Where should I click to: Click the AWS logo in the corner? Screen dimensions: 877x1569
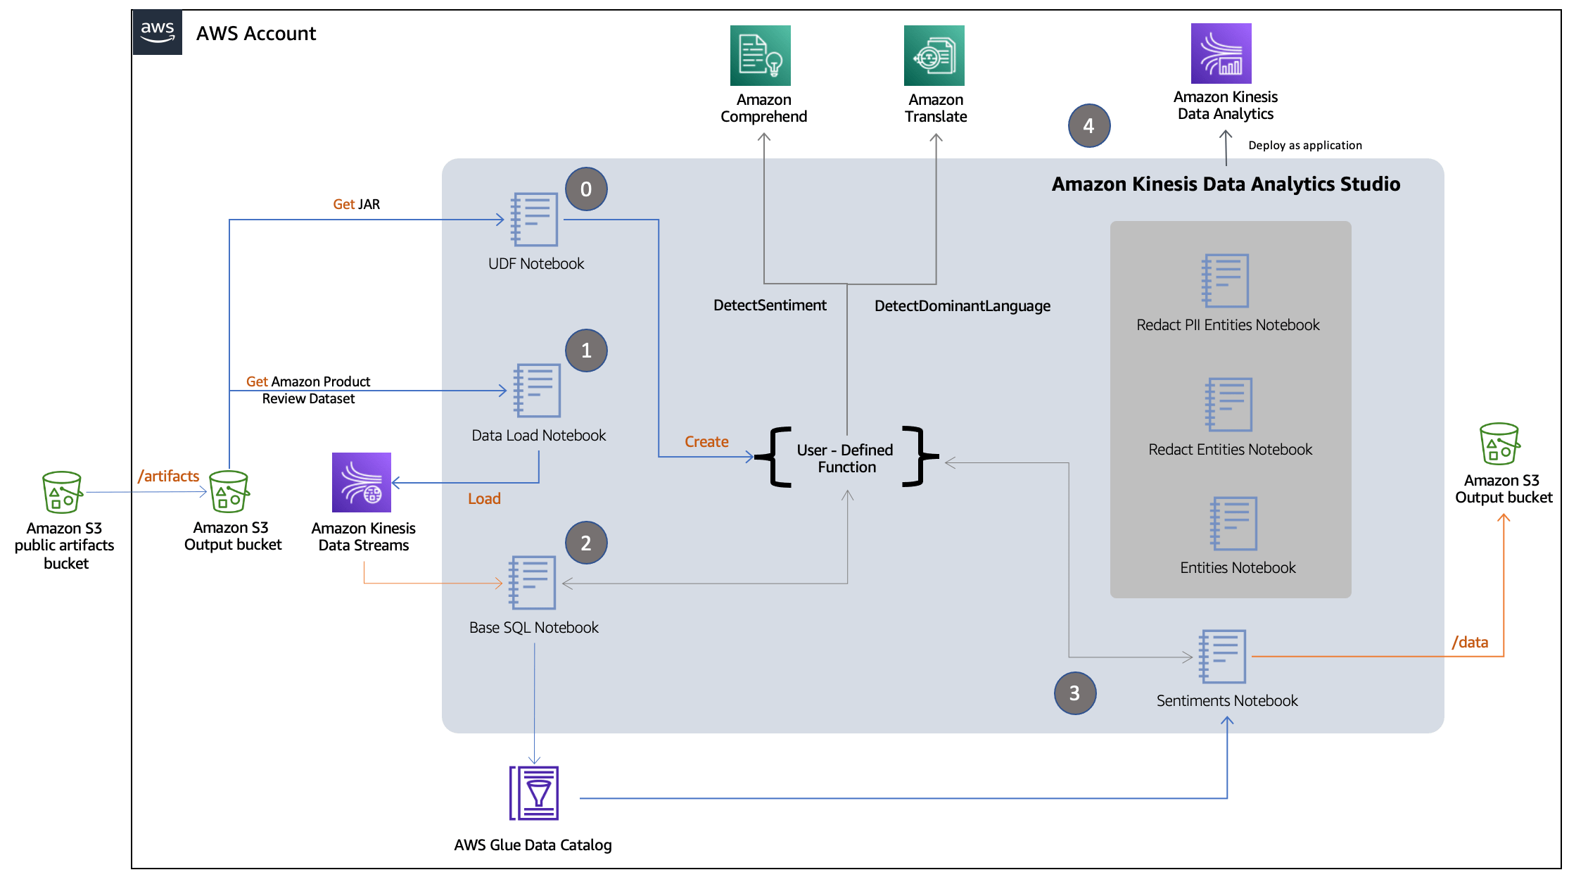pyautogui.click(x=158, y=32)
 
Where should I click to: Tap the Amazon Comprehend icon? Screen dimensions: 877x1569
pyautogui.click(x=760, y=56)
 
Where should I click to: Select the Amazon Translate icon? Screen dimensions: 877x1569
pyautogui.click(x=934, y=56)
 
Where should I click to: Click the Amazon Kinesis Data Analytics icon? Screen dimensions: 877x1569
pyautogui.click(x=1221, y=53)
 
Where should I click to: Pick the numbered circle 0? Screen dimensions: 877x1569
pyautogui.click(x=586, y=189)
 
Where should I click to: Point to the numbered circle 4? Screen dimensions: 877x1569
pyautogui.click(x=1088, y=126)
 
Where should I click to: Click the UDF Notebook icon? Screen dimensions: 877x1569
pyautogui.click(x=535, y=220)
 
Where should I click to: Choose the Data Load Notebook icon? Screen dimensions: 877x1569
pyautogui.click(x=538, y=391)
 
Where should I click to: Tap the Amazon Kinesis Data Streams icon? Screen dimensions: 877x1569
pyautogui.click(x=362, y=482)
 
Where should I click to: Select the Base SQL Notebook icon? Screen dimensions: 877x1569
pyautogui.click(x=533, y=583)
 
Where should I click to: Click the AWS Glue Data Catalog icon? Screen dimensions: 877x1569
pyautogui.click(x=534, y=793)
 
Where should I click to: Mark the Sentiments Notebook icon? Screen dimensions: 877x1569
pyautogui.click(x=1223, y=656)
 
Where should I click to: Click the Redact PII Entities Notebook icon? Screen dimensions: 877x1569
pyautogui.click(x=1226, y=281)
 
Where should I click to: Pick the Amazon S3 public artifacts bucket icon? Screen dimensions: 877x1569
pyautogui.click(x=62, y=492)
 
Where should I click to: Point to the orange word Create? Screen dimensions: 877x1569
pyautogui.click(x=706, y=442)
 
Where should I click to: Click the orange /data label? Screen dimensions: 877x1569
pyautogui.click(x=1470, y=642)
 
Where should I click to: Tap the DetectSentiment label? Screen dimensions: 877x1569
pyautogui.click(x=770, y=305)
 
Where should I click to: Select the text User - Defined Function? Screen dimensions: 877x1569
pyautogui.click(x=846, y=458)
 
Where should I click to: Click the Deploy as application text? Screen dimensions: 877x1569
pyautogui.click(x=1304, y=146)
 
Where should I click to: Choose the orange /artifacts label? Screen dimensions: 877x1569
pyautogui.click(x=169, y=477)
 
